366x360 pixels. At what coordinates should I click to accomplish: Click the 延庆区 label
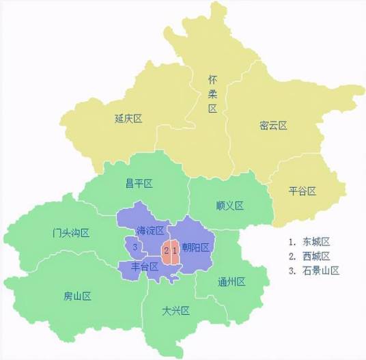(x=128, y=118)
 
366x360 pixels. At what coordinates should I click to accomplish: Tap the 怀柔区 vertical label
(x=212, y=94)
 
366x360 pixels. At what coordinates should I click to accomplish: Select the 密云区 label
(x=273, y=126)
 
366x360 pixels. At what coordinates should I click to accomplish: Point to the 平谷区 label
(x=303, y=191)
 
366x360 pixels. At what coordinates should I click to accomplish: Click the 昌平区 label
(x=139, y=183)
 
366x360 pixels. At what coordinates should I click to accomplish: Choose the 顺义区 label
(x=229, y=206)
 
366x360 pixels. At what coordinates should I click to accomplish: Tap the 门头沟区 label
(x=71, y=233)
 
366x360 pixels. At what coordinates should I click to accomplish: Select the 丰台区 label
(x=145, y=266)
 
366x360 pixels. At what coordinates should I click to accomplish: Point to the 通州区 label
(x=231, y=282)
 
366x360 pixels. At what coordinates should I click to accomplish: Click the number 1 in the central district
(x=174, y=250)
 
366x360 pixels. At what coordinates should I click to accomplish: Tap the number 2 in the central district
(x=166, y=250)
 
